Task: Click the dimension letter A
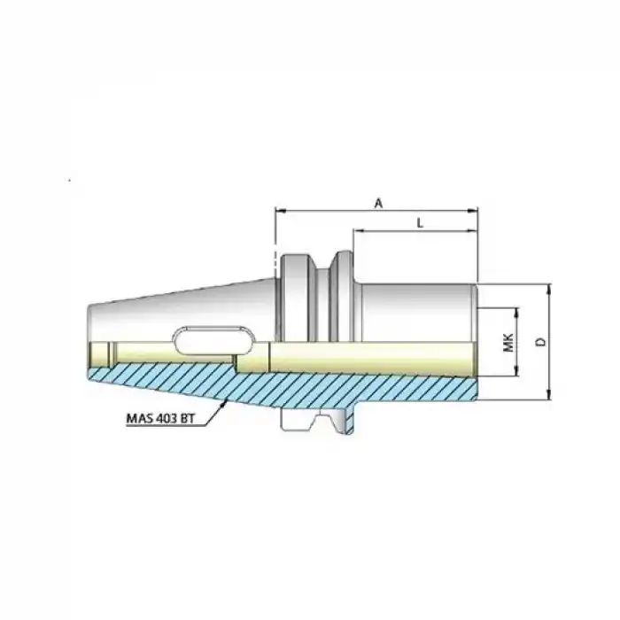[378, 203]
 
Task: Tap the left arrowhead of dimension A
[278, 211]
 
